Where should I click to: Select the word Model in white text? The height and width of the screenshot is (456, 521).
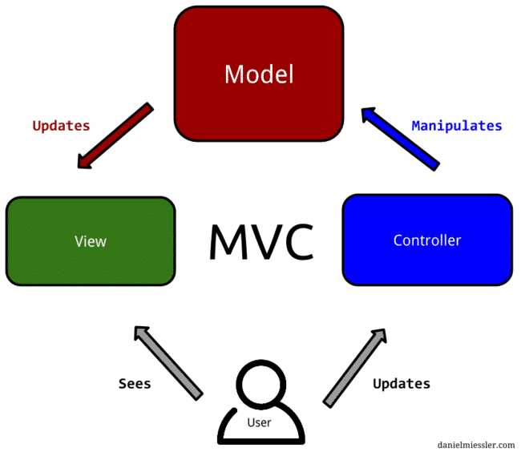click(259, 75)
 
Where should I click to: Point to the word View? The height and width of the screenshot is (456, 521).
click(91, 241)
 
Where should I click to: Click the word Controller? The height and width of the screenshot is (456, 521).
click(427, 240)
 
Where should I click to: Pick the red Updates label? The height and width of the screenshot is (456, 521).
click(61, 126)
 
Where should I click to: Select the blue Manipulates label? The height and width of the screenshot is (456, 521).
click(456, 126)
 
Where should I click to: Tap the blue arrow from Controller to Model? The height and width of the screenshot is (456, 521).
click(401, 139)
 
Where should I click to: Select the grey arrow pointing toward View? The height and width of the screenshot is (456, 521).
click(168, 361)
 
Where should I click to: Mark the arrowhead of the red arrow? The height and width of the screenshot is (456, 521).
click(84, 163)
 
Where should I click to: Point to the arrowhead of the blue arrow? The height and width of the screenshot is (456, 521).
click(367, 114)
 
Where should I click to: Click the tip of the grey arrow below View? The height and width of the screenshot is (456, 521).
click(140, 329)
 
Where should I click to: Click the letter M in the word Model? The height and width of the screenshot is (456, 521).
click(233, 75)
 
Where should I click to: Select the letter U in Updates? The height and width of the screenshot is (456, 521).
click(36, 126)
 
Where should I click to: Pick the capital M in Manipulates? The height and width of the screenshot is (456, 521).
click(415, 126)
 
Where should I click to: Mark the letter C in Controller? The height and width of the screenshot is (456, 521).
click(398, 240)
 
